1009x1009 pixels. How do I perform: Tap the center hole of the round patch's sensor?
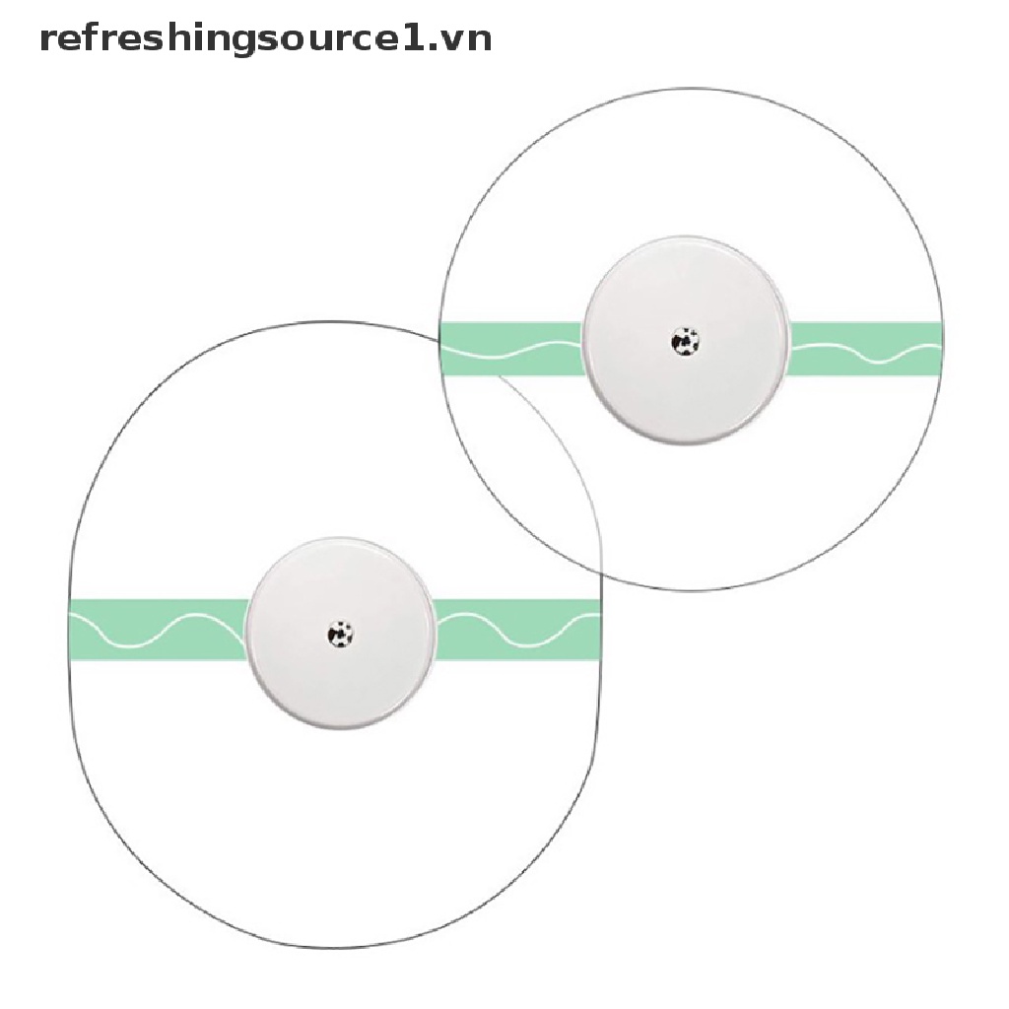click(x=685, y=341)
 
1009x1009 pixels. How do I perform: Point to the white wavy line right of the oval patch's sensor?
click(x=516, y=632)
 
